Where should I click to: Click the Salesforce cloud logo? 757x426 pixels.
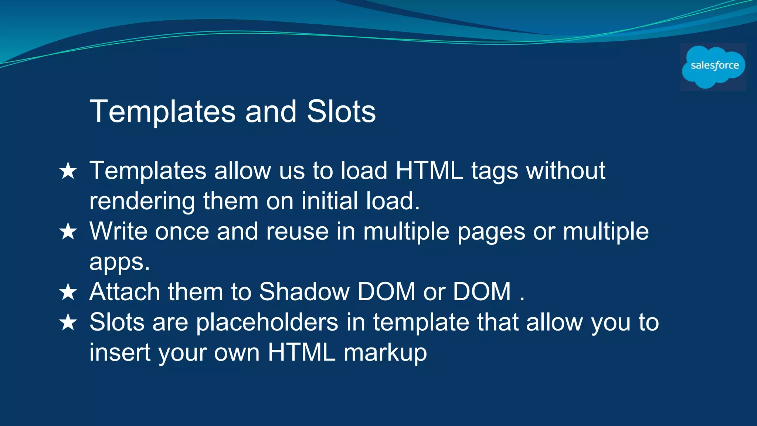(x=713, y=67)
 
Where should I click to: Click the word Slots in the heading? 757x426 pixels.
(x=341, y=112)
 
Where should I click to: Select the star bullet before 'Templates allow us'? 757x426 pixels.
(x=68, y=171)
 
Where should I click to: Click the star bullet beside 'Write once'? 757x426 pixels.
(x=68, y=232)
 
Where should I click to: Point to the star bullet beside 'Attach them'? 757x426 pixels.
(x=68, y=292)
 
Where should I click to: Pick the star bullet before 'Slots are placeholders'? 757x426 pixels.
(x=68, y=322)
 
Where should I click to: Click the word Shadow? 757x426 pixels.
(x=304, y=292)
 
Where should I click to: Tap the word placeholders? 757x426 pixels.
(x=267, y=322)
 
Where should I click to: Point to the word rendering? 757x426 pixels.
(x=142, y=202)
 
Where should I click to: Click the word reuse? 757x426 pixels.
(x=297, y=232)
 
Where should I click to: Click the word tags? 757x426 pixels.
(x=495, y=172)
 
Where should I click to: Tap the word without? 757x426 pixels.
(x=566, y=171)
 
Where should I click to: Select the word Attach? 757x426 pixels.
(x=125, y=292)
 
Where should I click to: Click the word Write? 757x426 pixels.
(x=118, y=231)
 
